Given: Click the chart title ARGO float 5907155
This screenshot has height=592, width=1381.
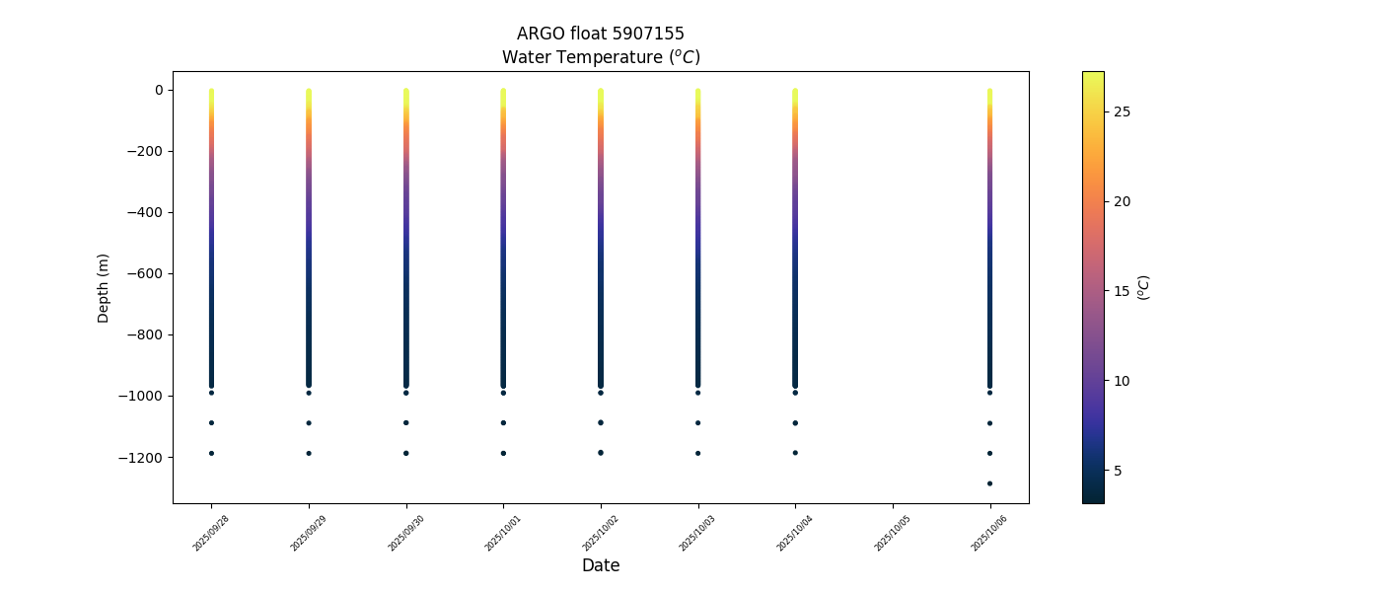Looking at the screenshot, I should pos(600,35).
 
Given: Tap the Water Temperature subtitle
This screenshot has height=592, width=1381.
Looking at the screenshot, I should pos(600,57).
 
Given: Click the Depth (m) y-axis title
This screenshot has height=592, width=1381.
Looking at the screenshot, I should pos(104,287).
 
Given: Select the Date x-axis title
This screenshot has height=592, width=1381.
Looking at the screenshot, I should pos(600,565).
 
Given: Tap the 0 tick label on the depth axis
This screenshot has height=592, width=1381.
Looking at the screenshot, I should pos(158,90).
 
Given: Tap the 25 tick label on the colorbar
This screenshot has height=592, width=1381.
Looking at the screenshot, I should pos(1122,111).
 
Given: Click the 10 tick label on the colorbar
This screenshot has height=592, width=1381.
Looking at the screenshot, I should pos(1122,381).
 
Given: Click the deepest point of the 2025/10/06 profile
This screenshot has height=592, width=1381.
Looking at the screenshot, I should pos(989,483).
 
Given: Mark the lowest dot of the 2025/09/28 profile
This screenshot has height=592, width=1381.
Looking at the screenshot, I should pos(211,453).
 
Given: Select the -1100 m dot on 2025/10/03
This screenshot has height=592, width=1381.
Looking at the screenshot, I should pos(697,423).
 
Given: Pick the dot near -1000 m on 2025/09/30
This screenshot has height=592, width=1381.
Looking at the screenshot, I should pos(405,393).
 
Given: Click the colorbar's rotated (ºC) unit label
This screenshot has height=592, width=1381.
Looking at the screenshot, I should pos(1144,287).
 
